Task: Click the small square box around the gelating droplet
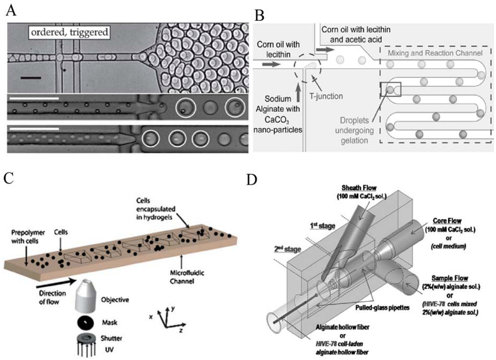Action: (x=390, y=90)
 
